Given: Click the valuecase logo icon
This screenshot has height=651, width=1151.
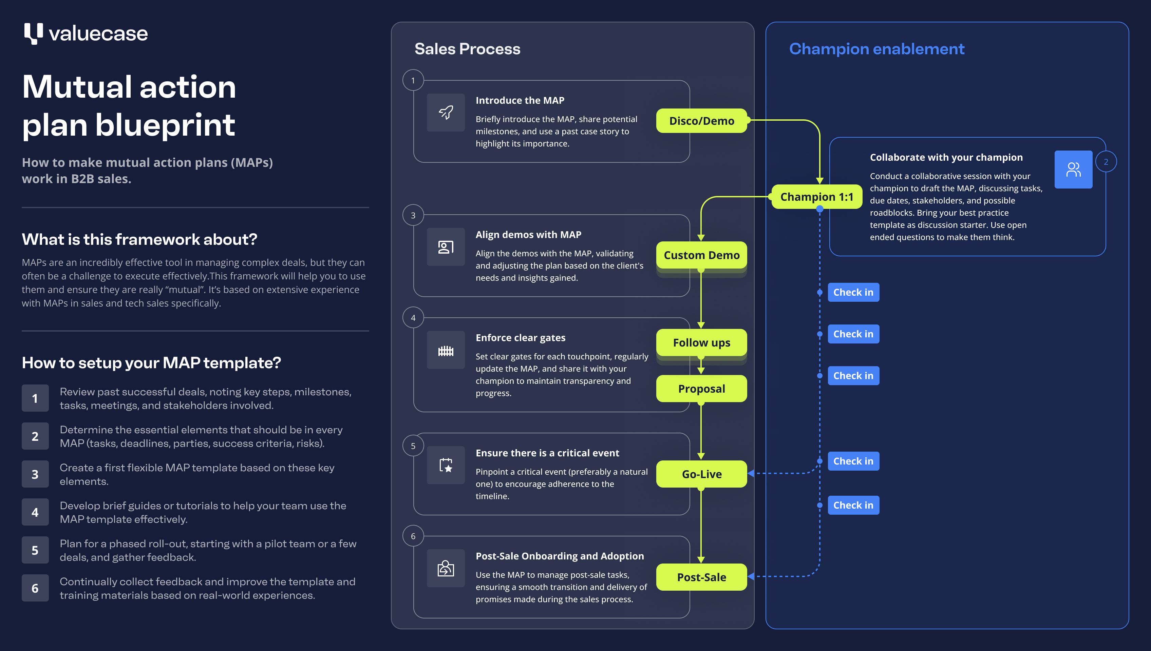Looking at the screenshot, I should coord(34,34).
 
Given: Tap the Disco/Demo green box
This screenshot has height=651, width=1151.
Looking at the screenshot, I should coord(701,121).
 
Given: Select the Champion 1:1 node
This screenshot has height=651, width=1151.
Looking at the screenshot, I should coord(816,197).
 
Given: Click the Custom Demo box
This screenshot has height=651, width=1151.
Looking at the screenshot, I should coord(701,255).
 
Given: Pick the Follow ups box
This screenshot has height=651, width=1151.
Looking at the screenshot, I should coord(701,342).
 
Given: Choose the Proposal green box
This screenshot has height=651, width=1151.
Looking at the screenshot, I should coord(701,389).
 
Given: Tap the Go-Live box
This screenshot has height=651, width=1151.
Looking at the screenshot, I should coord(701,474).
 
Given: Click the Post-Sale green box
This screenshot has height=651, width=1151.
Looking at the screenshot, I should coord(701,577).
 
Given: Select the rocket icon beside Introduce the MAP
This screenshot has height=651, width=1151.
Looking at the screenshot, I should coord(446,112).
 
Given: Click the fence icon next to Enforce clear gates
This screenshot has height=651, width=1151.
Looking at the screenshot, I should coord(446,350).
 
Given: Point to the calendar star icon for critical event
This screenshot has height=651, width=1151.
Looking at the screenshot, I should coord(446,465).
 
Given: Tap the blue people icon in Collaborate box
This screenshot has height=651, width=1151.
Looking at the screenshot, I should coord(1073,170).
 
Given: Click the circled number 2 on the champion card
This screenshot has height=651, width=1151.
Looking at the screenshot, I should coord(1106,162).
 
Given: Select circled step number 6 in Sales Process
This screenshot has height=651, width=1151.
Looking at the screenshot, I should coord(413,536).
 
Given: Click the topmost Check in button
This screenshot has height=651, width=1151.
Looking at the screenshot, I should coord(853,292).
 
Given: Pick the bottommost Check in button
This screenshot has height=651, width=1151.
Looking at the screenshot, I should coord(853,505).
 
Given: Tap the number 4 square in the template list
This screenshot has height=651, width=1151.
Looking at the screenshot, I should coord(35,512).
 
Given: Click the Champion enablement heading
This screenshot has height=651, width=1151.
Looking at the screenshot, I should coord(876,49).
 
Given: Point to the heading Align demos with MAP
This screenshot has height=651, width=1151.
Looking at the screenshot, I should coord(528,235).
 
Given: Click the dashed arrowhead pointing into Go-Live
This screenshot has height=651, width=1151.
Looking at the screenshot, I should coord(751,473).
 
